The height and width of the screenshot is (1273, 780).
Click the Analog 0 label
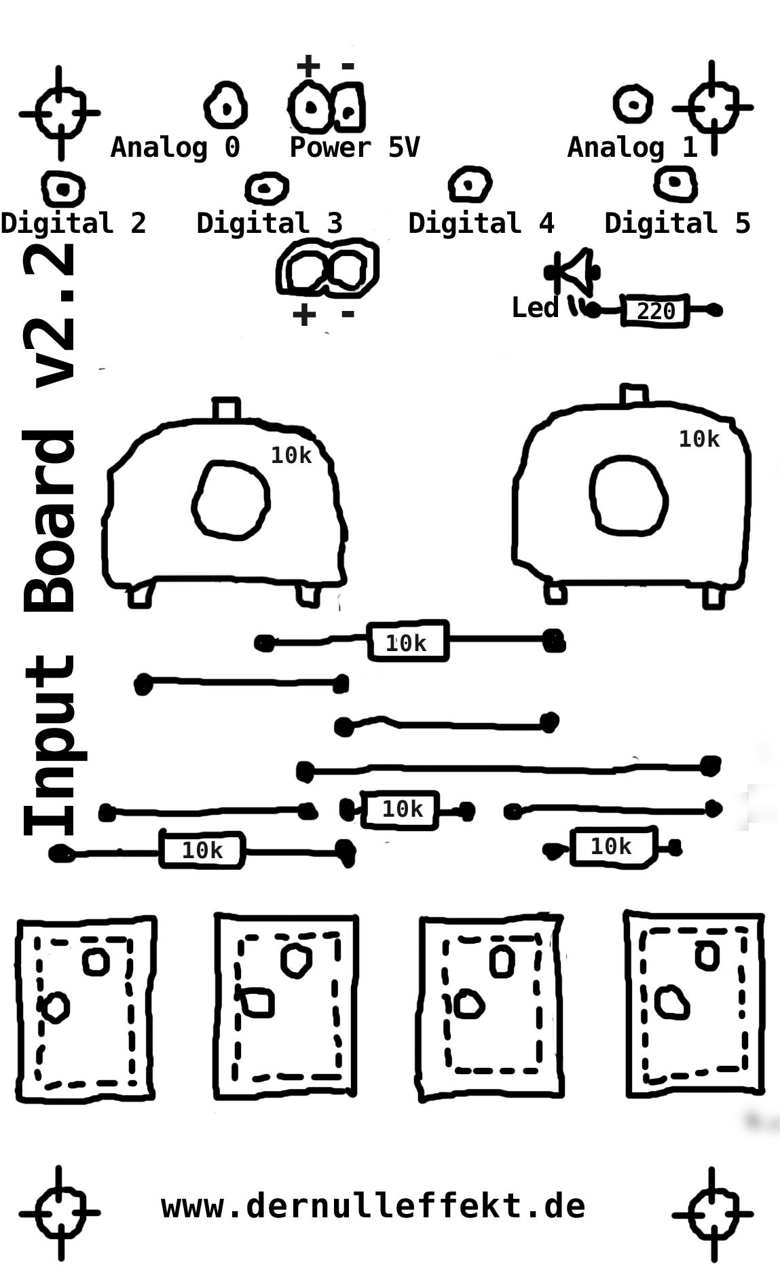click(175, 147)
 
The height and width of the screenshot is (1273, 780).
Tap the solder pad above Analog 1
click(633, 105)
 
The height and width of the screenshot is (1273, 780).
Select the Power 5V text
click(354, 147)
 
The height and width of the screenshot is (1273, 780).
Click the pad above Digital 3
click(266, 187)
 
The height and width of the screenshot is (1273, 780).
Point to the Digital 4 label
click(481, 223)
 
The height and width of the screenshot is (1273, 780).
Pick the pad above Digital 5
click(675, 182)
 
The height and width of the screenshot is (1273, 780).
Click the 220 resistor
click(655, 311)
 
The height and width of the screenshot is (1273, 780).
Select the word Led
click(534, 308)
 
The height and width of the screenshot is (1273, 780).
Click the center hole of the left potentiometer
click(231, 500)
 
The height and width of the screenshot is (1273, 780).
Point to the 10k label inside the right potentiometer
click(699, 439)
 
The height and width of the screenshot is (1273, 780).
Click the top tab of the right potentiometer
click(633, 395)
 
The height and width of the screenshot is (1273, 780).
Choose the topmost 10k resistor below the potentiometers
click(407, 641)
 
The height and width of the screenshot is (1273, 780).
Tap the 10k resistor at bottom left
click(202, 849)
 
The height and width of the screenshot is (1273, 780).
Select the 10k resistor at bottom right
click(612, 846)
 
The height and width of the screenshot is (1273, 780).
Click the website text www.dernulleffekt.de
click(373, 1206)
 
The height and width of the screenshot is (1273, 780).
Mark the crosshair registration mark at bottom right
click(712, 1213)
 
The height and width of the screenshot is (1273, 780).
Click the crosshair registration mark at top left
click(60, 113)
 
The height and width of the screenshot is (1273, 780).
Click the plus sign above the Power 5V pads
click(308, 66)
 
